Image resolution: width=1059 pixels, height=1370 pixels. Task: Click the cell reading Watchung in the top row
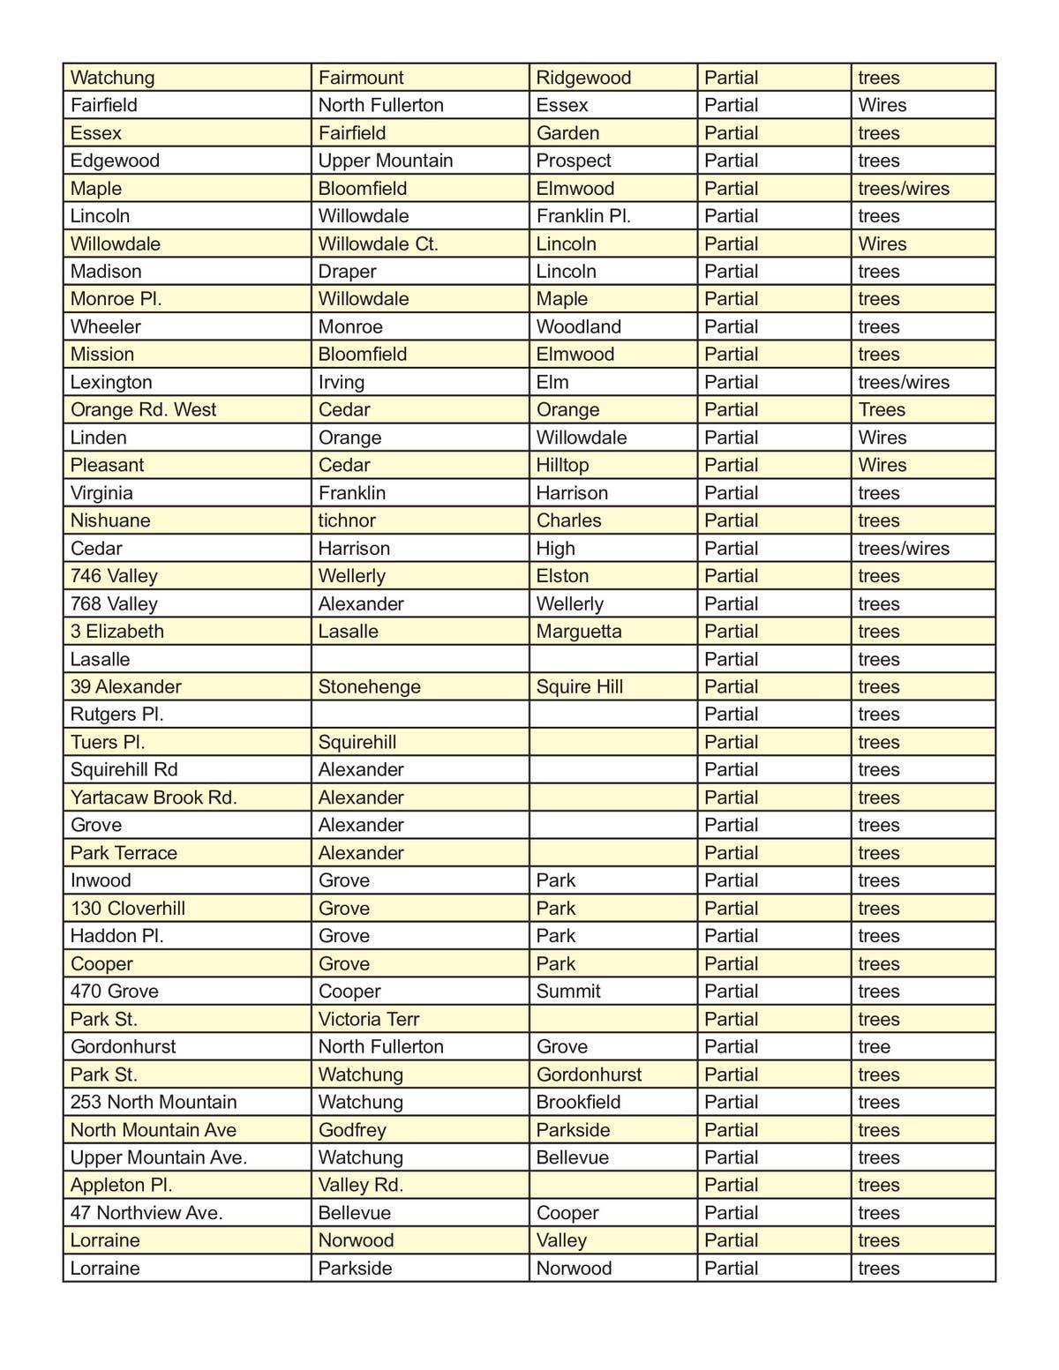tap(113, 78)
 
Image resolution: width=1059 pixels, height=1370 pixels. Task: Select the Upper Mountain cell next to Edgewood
tap(386, 161)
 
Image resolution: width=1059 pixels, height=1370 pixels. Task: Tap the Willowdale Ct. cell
tap(379, 243)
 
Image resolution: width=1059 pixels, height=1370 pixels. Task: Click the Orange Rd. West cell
tap(143, 409)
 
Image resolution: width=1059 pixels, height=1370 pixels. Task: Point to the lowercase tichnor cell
tap(347, 520)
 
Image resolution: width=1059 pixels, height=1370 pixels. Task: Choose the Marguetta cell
tap(579, 632)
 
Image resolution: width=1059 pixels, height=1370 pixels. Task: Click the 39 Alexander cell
tap(126, 686)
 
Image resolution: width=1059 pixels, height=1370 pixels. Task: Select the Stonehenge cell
tap(370, 686)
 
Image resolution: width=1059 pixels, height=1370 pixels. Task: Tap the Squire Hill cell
tap(580, 686)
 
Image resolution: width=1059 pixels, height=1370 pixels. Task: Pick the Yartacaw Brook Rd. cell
tap(154, 797)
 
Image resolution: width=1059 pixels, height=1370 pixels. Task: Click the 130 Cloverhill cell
tap(128, 909)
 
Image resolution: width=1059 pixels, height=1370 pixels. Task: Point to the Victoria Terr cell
tap(369, 1019)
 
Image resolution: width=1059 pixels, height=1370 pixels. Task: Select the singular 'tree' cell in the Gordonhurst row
tap(875, 1047)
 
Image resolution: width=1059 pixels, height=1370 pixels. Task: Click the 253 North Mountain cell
tap(154, 1102)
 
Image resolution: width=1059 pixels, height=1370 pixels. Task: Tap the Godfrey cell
tap(352, 1130)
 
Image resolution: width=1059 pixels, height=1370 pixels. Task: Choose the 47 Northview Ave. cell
tap(146, 1213)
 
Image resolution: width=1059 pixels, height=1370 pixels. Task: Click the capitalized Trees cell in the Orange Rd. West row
tap(882, 409)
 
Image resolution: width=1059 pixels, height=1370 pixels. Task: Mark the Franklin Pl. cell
tap(583, 216)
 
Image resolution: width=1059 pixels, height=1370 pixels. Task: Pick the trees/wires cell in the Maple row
tap(904, 189)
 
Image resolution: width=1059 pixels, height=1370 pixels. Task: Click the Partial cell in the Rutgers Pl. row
tap(732, 715)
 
